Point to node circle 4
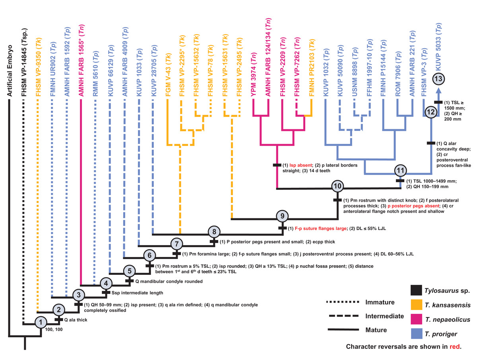(106, 284)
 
